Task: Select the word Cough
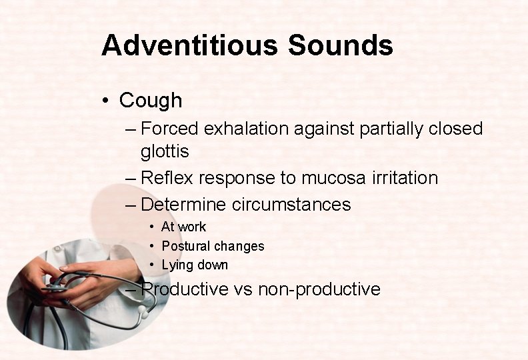150,101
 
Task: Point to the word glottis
165,152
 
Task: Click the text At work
183,227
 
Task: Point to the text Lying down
195,265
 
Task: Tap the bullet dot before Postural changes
153,246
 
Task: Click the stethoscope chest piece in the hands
55,287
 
